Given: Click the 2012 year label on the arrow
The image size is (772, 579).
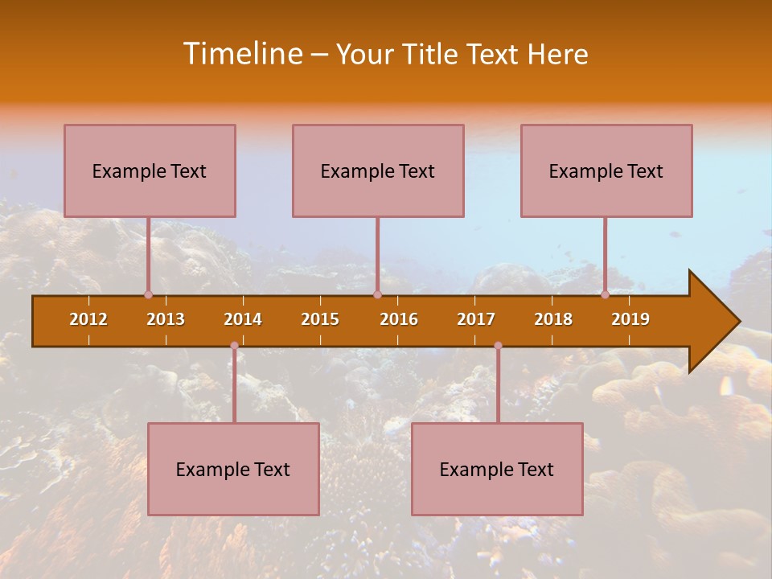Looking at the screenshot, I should coord(88,319).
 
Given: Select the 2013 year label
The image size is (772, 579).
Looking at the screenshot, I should coord(166,319).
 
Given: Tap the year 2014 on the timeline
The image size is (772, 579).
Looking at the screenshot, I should coord(243,319).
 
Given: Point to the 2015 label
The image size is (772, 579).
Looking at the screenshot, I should coord(320,319).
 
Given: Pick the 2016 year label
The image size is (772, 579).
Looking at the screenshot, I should coord(399,319).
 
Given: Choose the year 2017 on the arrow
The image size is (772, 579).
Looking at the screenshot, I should coord(476,319).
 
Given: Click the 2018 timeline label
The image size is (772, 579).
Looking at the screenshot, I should coord(553,319).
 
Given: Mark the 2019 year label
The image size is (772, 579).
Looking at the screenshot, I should coord(630,319).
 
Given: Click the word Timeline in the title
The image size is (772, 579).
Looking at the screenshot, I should coord(241,54).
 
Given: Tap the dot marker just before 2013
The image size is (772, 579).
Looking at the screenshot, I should coord(148,294).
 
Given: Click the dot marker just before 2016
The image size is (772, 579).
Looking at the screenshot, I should coord(377,294).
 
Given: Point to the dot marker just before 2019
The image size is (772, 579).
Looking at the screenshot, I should coord(605,294).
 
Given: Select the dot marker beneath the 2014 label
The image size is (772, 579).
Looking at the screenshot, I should coord(234,346).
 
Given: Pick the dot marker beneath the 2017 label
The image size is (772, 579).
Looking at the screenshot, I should coord(498,346).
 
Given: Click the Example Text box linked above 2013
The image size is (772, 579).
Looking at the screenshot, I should coord(150,170).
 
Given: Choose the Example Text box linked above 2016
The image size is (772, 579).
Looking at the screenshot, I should coord(378,170).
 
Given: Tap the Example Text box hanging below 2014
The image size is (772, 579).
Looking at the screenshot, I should coord(233,469).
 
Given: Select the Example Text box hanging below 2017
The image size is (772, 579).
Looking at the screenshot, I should coord(497,469).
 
